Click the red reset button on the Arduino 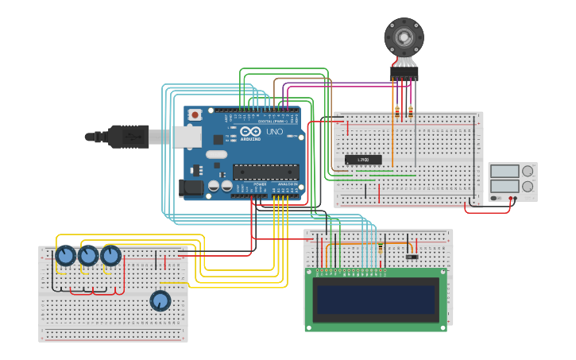pos(195,114)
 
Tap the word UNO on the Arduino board pos(274,132)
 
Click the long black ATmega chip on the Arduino pos(265,171)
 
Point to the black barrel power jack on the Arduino pos(191,188)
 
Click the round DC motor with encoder pos(404,37)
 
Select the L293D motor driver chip pos(363,160)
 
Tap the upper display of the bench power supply pos(504,171)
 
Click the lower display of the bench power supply pos(504,186)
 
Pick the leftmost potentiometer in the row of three pos(65,256)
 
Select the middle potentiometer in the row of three pos(87,256)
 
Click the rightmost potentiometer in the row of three pos(110,256)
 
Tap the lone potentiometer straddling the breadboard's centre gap pos(160,300)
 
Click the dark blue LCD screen pos(376,300)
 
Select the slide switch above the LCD pos(411,256)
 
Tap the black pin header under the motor pos(404,72)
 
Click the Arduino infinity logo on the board pos(249,132)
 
